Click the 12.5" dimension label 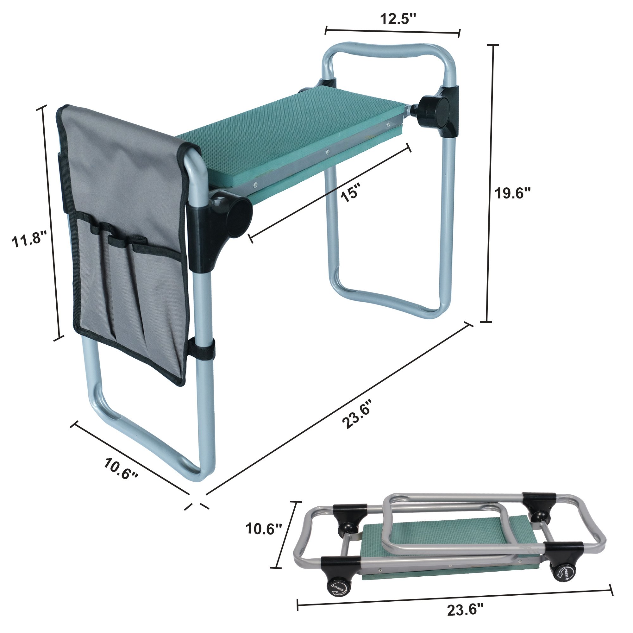[x=398, y=19]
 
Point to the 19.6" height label [x=513, y=193]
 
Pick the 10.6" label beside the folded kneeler [x=264, y=529]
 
